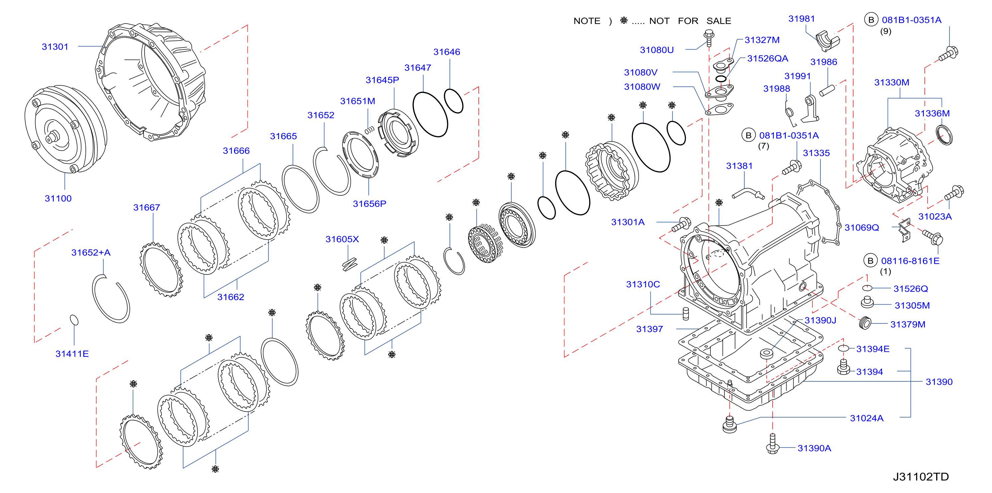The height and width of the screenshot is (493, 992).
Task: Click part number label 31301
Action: [x=55, y=47]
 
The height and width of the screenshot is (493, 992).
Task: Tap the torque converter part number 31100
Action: [x=58, y=199]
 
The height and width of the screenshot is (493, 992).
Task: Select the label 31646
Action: [x=447, y=52]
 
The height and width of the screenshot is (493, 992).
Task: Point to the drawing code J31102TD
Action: [x=921, y=477]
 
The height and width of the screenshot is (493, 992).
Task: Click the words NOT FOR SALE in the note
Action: [x=690, y=21]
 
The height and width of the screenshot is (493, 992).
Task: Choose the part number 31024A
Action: [x=866, y=418]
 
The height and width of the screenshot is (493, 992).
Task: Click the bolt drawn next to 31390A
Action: [x=773, y=444]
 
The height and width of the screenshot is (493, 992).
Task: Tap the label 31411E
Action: [x=72, y=354]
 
